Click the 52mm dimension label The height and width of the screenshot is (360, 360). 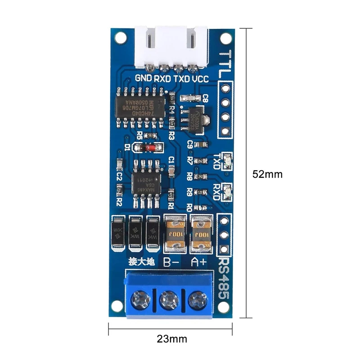(267, 174)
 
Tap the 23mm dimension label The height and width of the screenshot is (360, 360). (172, 338)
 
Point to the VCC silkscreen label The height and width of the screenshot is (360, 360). (200, 78)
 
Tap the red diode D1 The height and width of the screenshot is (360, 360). (148, 147)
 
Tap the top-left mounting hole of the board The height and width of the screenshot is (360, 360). (119, 38)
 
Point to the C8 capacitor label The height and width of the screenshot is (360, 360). (205, 97)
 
